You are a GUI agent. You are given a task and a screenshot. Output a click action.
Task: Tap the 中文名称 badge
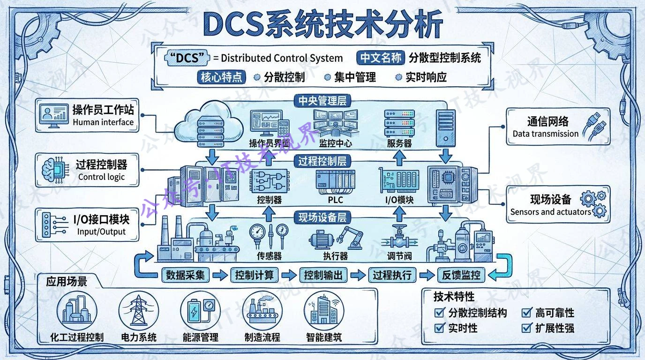pos(380,58)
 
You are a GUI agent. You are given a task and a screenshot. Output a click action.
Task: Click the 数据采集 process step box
pos(186,275)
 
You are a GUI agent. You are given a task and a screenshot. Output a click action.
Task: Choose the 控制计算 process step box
pos(255,275)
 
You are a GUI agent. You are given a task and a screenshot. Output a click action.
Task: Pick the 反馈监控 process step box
pos(461,275)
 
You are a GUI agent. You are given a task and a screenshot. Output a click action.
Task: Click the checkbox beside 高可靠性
pos(527,313)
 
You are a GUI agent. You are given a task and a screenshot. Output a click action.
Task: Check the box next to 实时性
pos(440,328)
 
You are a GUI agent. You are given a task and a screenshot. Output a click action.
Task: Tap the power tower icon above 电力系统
pos(138,311)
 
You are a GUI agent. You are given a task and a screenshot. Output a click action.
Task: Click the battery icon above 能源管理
pos(200,311)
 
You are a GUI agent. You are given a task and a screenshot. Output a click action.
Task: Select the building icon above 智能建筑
pos(324,311)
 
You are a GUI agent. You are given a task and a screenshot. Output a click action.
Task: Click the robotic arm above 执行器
pos(350,238)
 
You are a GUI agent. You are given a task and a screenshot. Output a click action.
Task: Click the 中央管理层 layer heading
pos(322,101)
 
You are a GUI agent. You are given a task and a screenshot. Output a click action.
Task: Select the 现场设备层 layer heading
pos(322,217)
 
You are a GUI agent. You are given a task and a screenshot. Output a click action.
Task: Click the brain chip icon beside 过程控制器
pos(53,169)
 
